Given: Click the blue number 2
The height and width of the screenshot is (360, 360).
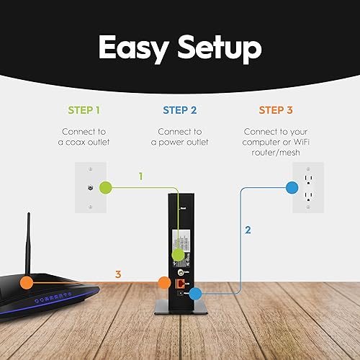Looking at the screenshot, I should point(248,230).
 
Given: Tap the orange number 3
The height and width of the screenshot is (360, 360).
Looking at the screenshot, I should point(119,274).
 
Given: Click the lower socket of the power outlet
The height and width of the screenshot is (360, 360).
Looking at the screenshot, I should point(309,196).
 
